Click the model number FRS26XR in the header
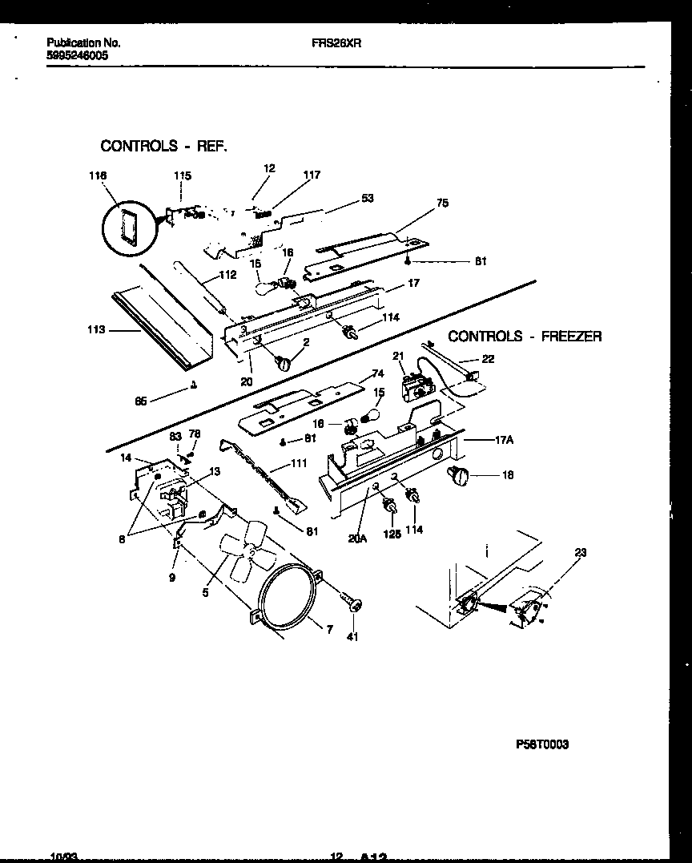[336, 44]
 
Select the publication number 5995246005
[78, 57]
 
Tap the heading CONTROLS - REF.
[163, 146]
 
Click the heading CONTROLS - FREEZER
[525, 337]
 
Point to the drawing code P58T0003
[542, 744]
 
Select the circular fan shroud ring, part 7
[289, 597]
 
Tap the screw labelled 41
[350, 602]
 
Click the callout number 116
[99, 175]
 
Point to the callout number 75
[441, 204]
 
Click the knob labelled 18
[459, 477]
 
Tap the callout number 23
[579, 551]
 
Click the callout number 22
[488, 359]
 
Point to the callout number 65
[141, 401]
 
